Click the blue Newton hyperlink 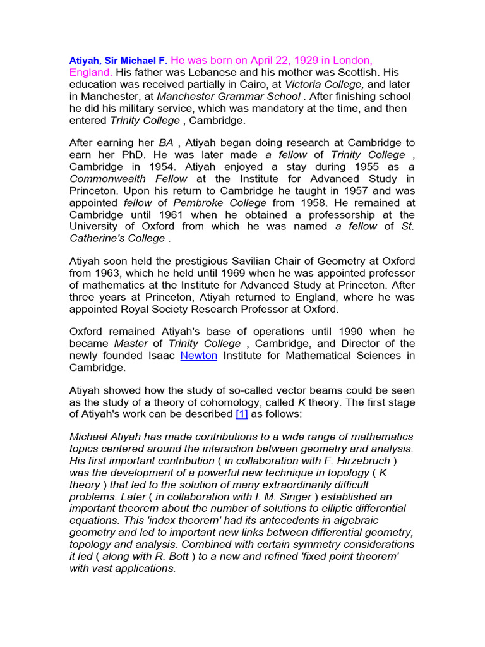(199, 356)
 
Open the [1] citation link (242, 414)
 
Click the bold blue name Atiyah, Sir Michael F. (118, 61)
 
